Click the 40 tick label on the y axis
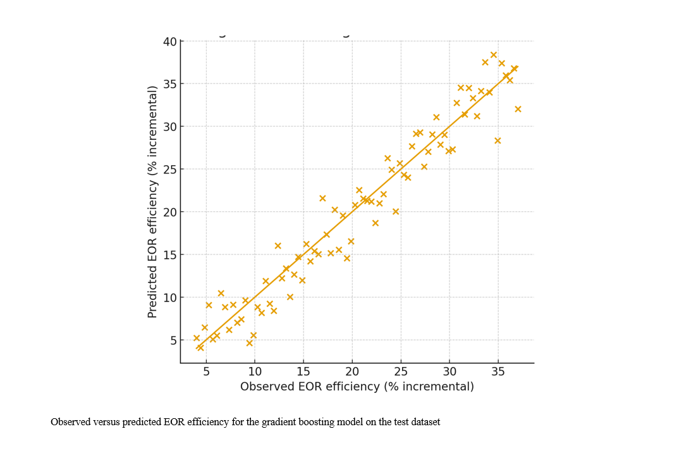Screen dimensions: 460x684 170,42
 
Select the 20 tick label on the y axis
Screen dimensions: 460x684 170,212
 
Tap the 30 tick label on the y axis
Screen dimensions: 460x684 170,127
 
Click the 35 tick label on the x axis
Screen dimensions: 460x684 498,371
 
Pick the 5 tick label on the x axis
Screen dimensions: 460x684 206,371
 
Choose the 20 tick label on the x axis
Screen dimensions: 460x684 351,371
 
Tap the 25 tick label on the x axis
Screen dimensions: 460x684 400,371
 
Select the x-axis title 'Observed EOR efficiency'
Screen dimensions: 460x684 357,387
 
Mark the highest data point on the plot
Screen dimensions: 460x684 494,55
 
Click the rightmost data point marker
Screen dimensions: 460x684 518,109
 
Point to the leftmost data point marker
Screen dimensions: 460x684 197,338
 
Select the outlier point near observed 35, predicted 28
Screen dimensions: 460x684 498,140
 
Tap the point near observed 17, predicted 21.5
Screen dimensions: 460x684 322,198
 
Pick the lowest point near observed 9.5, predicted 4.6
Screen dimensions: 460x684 250,343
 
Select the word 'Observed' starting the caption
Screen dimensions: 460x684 70,422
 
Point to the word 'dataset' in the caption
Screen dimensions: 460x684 425,422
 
